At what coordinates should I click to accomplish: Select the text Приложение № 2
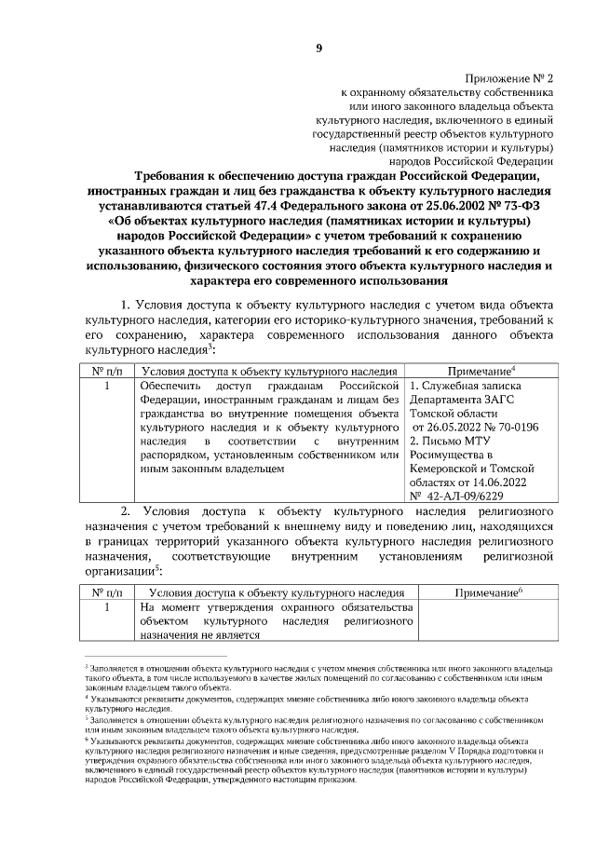(x=508, y=79)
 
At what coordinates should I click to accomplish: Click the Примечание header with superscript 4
(x=481, y=371)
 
